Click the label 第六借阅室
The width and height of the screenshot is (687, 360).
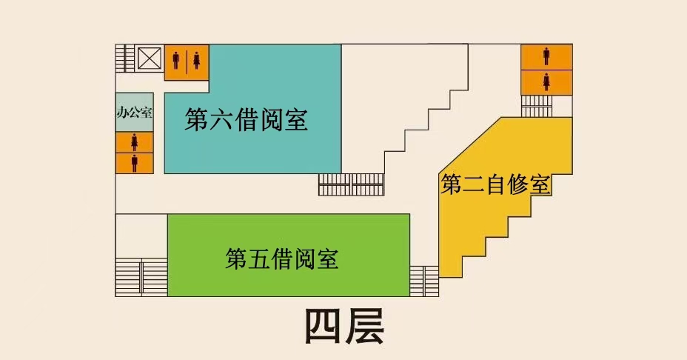click(246, 119)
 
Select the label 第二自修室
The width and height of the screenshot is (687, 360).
click(496, 184)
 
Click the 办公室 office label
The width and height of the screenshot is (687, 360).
click(134, 113)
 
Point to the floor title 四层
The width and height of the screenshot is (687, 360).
click(345, 326)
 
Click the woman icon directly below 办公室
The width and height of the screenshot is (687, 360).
click(135, 141)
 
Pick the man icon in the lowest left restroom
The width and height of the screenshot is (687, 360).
click(135, 162)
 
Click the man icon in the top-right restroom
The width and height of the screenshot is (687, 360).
click(546, 56)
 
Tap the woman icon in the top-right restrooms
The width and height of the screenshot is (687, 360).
click(546, 81)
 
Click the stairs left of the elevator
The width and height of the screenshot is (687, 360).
click(125, 58)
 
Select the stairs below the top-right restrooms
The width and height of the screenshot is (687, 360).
click(537, 106)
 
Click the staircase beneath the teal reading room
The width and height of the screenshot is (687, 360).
click(351, 184)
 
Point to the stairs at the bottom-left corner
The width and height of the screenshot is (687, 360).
click(141, 277)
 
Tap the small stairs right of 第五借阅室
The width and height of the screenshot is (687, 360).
click(424, 280)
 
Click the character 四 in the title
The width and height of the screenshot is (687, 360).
click(324, 326)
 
